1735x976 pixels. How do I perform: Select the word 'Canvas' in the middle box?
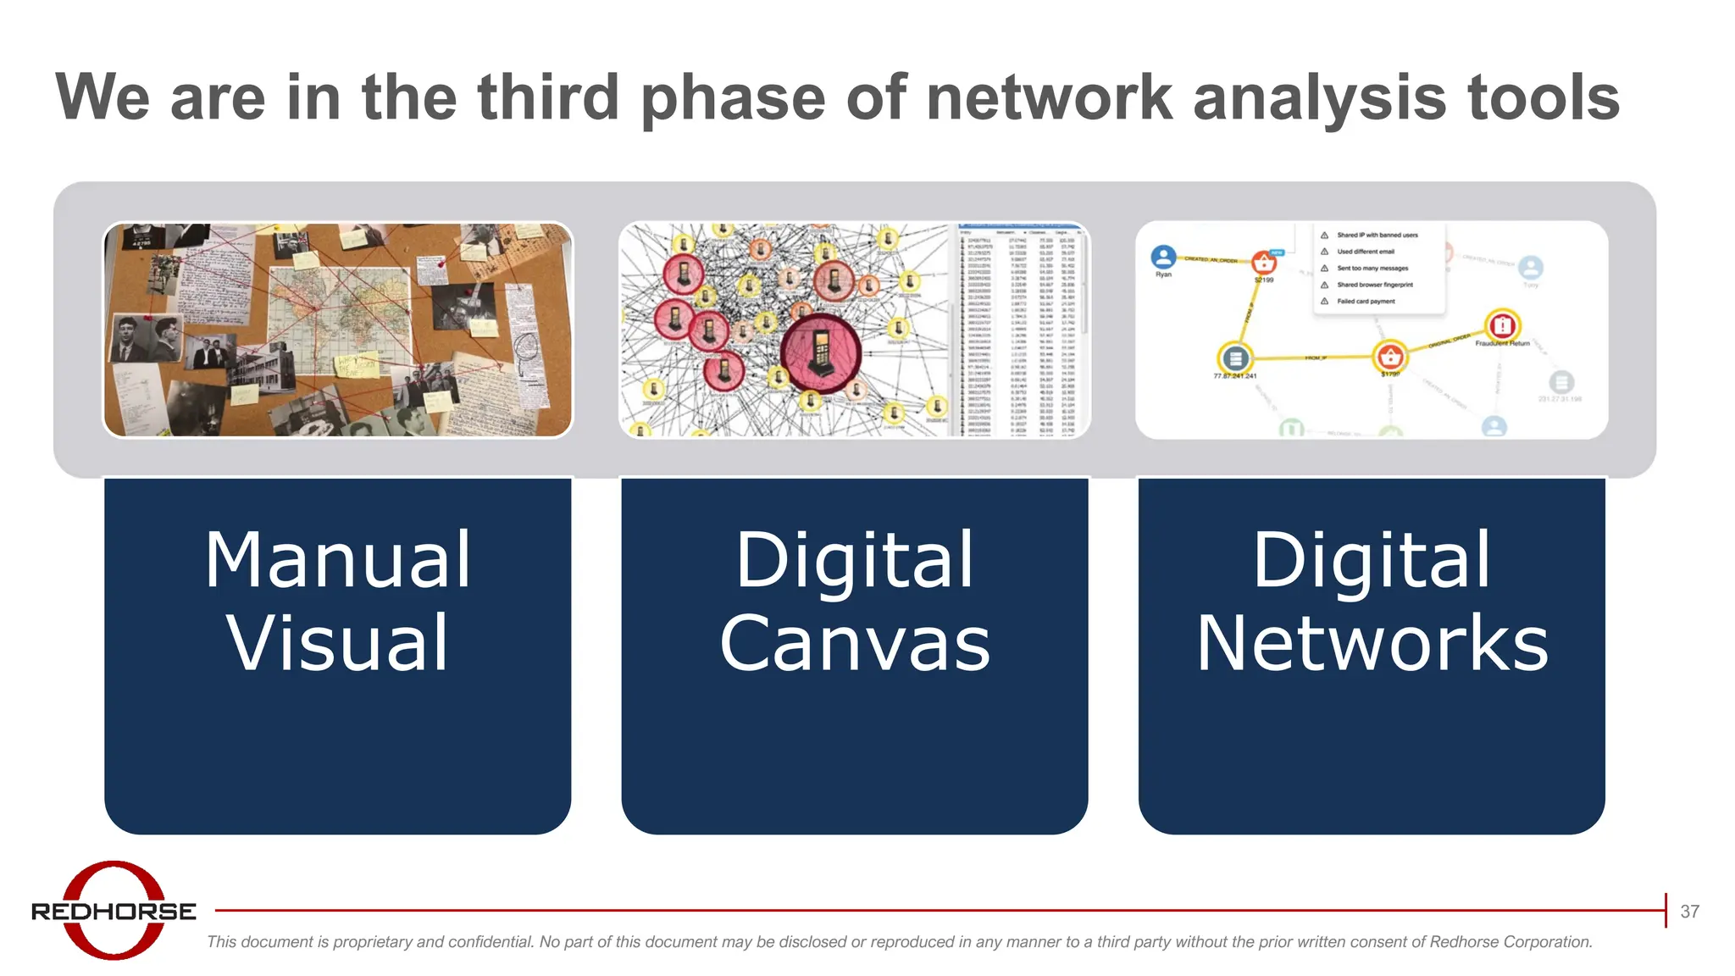pos(854,644)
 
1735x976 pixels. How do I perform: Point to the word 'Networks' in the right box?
pos(1372,644)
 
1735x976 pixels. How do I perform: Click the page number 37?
pos(1689,912)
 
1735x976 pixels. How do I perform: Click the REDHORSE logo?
pos(114,911)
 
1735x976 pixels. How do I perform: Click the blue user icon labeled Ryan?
pos(1163,257)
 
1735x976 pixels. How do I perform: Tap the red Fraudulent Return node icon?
pos(1502,325)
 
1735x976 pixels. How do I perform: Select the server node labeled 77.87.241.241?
pos(1235,358)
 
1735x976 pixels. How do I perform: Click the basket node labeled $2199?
pos(1263,262)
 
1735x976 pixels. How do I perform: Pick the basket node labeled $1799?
pos(1390,356)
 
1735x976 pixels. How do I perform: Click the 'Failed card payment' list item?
pos(1366,301)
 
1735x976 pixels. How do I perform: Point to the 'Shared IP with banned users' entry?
pos(1377,235)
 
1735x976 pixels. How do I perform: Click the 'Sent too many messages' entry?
pos(1372,268)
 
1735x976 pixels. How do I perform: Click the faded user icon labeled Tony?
pos(1530,268)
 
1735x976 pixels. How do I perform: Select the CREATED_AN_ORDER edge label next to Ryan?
pos(1211,259)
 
